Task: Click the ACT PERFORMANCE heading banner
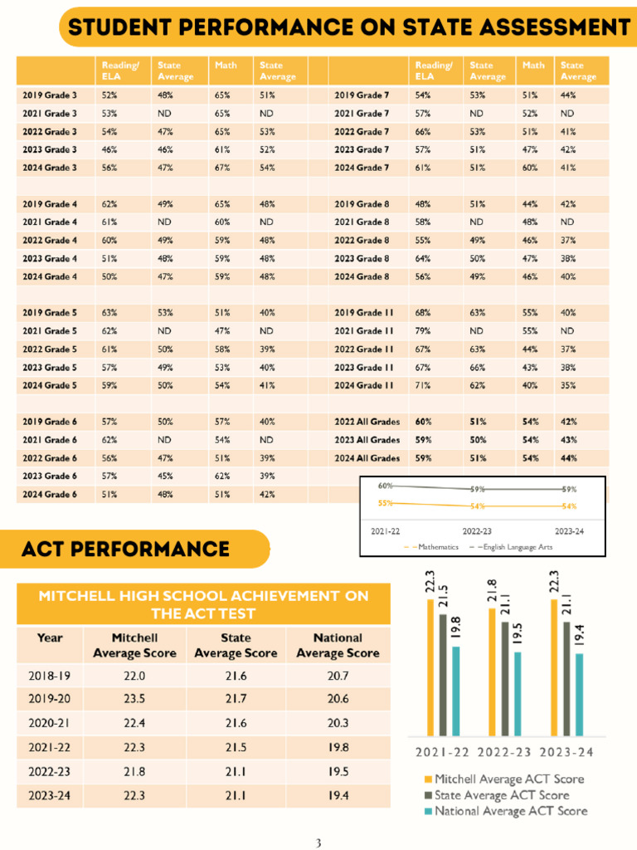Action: click(x=126, y=549)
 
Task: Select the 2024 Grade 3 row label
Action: click(x=50, y=168)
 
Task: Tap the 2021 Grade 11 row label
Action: click(x=363, y=331)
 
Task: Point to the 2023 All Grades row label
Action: click(x=367, y=440)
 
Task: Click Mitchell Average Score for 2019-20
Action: click(x=134, y=699)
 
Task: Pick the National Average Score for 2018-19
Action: click(x=338, y=676)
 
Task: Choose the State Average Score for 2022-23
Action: click(x=236, y=771)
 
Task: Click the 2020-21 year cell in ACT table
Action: click(x=50, y=723)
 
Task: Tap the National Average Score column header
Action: click(x=338, y=645)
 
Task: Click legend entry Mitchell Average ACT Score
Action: click(x=508, y=779)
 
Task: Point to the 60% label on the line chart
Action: click(x=385, y=486)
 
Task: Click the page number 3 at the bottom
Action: click(x=318, y=843)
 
